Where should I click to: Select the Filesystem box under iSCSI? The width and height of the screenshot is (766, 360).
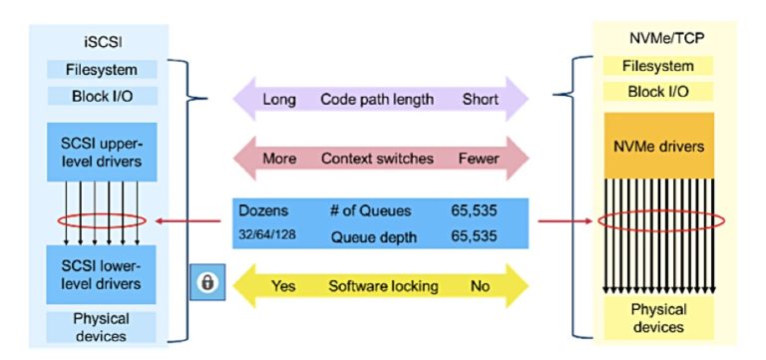coord(102,69)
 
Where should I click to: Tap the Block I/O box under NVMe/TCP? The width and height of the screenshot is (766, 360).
coord(658,92)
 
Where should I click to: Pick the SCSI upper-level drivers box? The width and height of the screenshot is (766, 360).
coord(102,152)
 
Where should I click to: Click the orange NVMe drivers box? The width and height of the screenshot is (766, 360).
coord(658,147)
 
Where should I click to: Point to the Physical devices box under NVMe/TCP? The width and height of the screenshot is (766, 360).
coord(658,316)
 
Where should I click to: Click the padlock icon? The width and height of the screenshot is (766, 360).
coord(206,283)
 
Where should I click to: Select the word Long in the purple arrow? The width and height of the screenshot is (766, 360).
coord(278,100)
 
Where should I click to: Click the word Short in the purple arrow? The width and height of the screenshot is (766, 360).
coord(480,100)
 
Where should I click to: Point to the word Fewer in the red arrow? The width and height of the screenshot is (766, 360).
coord(479,159)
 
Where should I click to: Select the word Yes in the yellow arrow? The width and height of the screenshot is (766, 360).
coord(283,286)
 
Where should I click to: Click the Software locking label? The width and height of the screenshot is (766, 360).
coord(383,286)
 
